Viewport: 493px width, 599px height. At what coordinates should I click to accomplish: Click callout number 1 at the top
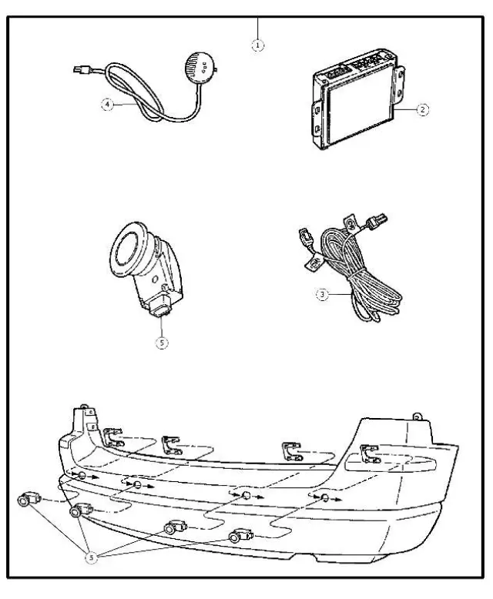pos(258,45)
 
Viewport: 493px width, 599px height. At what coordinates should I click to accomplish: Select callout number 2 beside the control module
pos(422,109)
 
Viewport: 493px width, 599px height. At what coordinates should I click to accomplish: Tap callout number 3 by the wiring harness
pos(323,293)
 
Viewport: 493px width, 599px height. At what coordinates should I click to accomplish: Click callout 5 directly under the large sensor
pos(162,343)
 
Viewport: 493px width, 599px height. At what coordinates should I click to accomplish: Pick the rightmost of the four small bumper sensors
pos(240,534)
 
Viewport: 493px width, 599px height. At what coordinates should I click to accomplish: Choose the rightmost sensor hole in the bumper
pos(324,498)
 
